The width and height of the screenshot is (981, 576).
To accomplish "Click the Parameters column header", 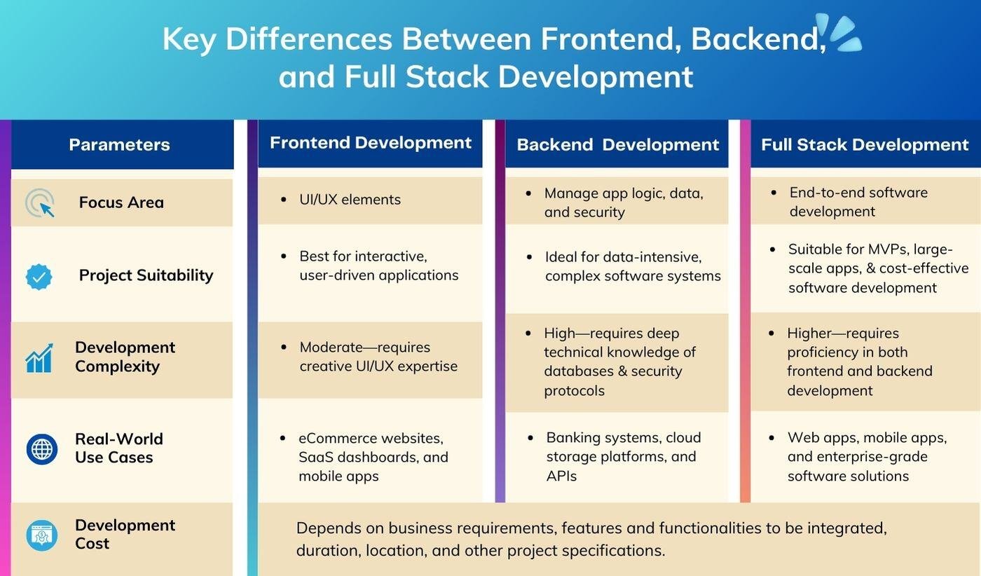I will pyautogui.click(x=120, y=145).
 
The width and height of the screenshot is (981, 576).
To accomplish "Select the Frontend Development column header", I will pyautogui.click(x=371, y=143).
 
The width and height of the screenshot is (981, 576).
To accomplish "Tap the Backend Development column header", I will pyautogui.click(x=617, y=145).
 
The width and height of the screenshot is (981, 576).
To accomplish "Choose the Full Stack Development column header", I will pyautogui.click(x=865, y=145).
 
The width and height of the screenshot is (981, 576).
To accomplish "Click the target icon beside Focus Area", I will pyautogui.click(x=40, y=203).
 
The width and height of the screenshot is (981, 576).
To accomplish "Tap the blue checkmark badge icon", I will pyautogui.click(x=39, y=276).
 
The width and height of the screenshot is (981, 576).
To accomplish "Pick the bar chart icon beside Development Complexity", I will pyautogui.click(x=39, y=358).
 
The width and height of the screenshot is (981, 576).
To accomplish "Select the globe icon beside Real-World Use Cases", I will pyautogui.click(x=42, y=448).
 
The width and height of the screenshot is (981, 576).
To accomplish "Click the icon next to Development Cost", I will pyautogui.click(x=41, y=535).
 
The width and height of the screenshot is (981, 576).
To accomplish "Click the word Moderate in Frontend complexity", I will pyautogui.click(x=330, y=348).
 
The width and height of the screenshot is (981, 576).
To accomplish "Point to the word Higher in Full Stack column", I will pyautogui.click(x=812, y=334).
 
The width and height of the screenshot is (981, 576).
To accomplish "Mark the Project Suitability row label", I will pyautogui.click(x=146, y=275).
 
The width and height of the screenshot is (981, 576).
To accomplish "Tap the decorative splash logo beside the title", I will pyautogui.click(x=840, y=33).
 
